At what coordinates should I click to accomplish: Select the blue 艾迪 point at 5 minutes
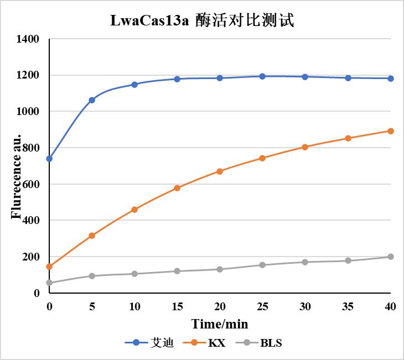point(92,100)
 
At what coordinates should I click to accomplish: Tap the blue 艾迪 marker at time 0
point(49,159)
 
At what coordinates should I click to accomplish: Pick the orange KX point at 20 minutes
point(220,171)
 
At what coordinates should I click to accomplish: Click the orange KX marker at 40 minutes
point(391,131)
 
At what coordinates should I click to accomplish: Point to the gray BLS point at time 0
point(49,283)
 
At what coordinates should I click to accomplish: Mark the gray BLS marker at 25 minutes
point(263,265)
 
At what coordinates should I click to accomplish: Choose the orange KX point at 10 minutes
point(134,210)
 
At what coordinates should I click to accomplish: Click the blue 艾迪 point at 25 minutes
point(263,76)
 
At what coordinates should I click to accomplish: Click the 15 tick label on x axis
point(177,306)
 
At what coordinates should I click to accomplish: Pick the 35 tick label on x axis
point(348,306)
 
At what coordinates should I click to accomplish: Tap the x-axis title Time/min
point(220,324)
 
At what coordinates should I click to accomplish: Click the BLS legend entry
point(262,343)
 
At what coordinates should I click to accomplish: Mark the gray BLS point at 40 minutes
point(391,257)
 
